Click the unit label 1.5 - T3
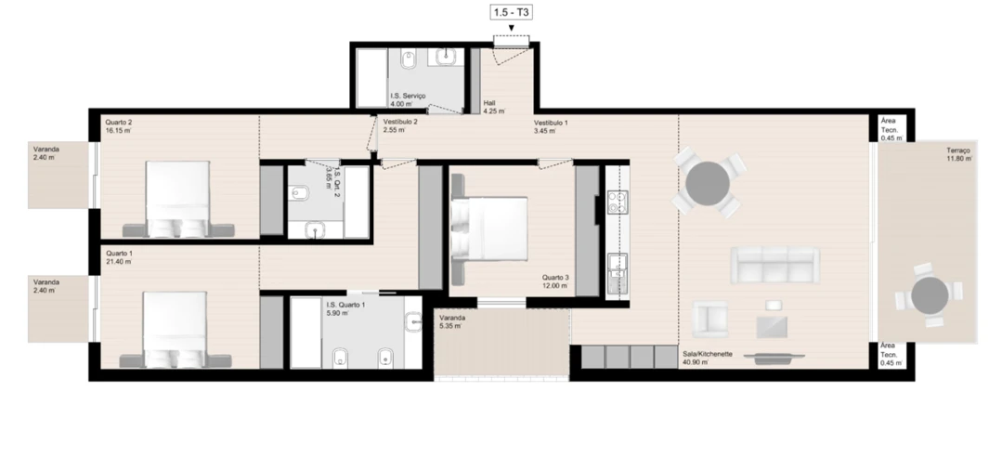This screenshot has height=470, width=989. point(512,12)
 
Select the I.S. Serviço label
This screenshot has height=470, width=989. point(408,100)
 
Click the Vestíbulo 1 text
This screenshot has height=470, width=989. point(551,126)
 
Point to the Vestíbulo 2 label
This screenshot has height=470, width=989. point(400,126)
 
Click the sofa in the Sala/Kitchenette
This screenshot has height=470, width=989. point(774,265)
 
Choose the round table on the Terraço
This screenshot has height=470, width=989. point(929,295)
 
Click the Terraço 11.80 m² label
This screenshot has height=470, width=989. point(959,154)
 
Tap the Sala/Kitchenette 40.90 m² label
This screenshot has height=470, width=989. point(708,358)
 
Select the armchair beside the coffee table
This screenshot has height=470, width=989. point(710,320)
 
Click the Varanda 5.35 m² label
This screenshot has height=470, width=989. point(453,321)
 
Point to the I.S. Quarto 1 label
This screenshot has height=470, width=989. point(345,308)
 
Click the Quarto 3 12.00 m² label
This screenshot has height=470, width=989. point(556,281)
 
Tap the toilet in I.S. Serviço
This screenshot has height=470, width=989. point(409,62)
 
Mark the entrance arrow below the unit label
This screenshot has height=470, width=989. point(512,27)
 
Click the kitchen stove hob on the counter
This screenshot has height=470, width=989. point(618,202)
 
